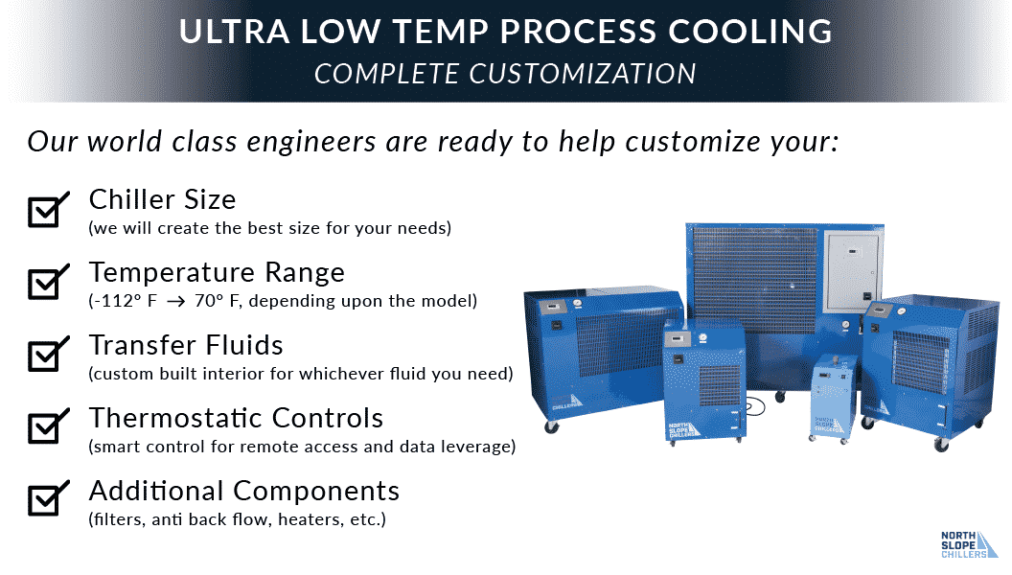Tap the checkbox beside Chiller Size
tap(47, 210)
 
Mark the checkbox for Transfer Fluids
tap(47, 355)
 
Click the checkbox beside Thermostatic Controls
tap(47, 427)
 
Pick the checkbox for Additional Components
tap(47, 499)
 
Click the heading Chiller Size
tap(162, 199)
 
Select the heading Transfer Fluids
tap(186, 345)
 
